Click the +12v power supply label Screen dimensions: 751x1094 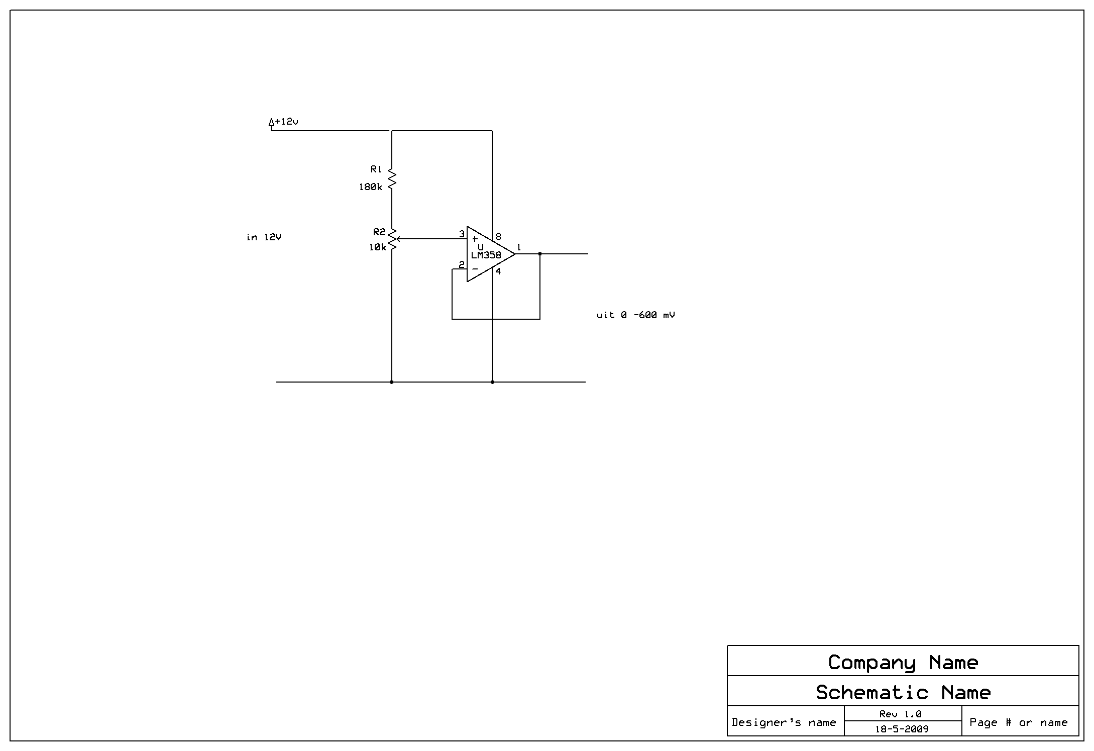286,122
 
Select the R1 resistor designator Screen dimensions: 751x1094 376,169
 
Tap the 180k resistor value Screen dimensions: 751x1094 370,187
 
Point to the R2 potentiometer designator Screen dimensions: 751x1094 379,232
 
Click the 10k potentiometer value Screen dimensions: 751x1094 377,247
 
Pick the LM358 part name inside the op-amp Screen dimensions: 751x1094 486,255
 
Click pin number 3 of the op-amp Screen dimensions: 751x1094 462,234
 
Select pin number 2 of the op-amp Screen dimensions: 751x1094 461,264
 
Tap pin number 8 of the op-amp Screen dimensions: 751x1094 498,236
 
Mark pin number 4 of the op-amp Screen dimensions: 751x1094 498,271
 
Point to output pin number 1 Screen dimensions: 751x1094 519,247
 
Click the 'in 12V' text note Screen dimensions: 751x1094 264,237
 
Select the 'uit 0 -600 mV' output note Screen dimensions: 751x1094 635,315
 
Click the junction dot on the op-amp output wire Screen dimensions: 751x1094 540,254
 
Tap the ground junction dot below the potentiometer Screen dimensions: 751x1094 392,382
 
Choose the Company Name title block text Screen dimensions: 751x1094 903,663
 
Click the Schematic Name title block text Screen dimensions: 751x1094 903,693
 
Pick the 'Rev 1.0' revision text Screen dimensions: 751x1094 900,714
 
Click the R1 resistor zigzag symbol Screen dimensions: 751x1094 392,178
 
